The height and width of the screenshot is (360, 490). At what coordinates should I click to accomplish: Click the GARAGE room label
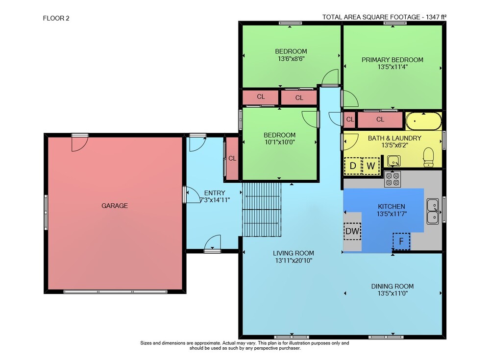coord(114,206)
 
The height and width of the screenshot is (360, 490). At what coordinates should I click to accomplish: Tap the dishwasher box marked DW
coord(352,231)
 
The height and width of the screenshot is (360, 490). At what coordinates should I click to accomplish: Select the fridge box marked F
coord(401,241)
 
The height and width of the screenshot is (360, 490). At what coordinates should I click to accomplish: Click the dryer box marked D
coord(353,166)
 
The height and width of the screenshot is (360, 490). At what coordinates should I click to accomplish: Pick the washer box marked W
coord(370,166)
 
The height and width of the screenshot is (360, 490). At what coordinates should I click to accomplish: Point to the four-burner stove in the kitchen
coord(392,179)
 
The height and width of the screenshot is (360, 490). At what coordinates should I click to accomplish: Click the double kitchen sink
coord(433,211)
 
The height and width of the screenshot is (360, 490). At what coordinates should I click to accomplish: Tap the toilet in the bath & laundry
coord(428,157)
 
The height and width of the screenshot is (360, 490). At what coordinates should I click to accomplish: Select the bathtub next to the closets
coord(424,121)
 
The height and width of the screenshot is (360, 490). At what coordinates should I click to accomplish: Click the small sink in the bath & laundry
coord(394,161)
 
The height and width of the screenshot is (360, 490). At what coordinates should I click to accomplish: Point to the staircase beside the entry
coord(262,209)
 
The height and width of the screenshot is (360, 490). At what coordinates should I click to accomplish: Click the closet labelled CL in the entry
coord(232,158)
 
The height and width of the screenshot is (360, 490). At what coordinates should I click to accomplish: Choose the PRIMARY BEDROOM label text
coord(392,60)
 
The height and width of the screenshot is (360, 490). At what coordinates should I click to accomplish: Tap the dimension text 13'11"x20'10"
coord(294,261)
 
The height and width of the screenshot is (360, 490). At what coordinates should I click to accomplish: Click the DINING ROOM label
coord(392,286)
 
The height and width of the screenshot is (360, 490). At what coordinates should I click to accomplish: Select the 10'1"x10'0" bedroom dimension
coord(279,142)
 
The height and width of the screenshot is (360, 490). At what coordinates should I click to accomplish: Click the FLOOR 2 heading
coord(56,18)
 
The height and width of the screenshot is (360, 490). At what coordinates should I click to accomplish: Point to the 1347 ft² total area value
coord(436,17)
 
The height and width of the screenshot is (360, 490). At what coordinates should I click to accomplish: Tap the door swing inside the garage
coord(79,144)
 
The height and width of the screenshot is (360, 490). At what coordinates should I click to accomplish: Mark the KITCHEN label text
coord(392,206)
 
